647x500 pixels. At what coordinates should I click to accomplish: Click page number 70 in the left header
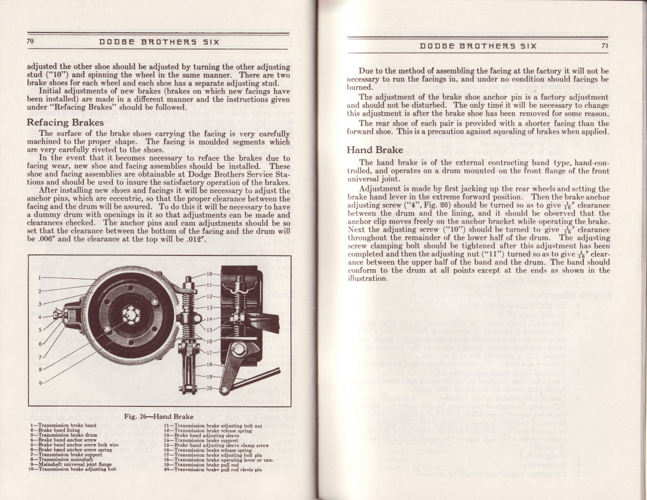pos(30,42)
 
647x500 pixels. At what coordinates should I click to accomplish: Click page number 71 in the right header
pos(604,46)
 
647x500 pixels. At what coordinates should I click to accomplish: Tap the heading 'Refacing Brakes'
pos(65,123)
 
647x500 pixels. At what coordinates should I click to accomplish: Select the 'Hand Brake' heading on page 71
pos(375,150)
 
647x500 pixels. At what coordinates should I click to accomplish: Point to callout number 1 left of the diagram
pos(40,277)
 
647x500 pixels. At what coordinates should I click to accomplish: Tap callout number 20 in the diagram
pos(208,388)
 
